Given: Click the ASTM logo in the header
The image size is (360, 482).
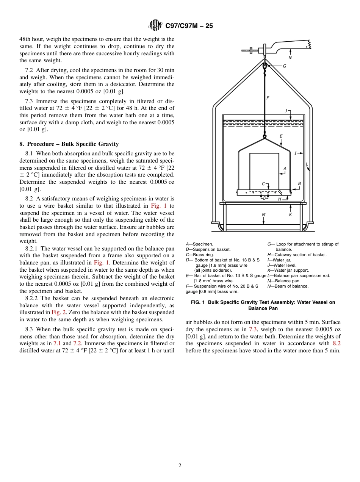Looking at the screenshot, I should (155, 25).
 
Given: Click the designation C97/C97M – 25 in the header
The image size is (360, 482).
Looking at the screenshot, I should (189, 26).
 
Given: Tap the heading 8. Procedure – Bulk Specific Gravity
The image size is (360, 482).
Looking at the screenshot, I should (69, 144).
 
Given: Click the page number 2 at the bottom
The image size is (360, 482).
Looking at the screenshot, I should (180, 466).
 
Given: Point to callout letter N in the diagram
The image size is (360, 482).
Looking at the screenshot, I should (290, 58).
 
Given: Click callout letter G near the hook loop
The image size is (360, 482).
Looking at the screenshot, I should (284, 66).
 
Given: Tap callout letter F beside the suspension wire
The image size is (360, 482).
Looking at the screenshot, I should (268, 98).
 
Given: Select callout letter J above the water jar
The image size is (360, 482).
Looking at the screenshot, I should (286, 111).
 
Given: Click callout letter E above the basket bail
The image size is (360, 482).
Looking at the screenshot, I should (281, 136).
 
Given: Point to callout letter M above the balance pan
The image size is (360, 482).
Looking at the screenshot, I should (264, 215).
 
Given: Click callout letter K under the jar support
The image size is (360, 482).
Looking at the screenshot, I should (290, 214).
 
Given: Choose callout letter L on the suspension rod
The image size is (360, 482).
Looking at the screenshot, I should (307, 164).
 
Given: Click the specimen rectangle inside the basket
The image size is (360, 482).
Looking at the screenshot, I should (264, 171).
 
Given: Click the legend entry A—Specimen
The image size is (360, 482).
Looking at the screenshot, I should (199, 244).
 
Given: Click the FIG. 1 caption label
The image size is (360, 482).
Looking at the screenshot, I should (198, 302).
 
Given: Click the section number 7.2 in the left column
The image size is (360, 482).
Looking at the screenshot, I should (29, 70).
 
